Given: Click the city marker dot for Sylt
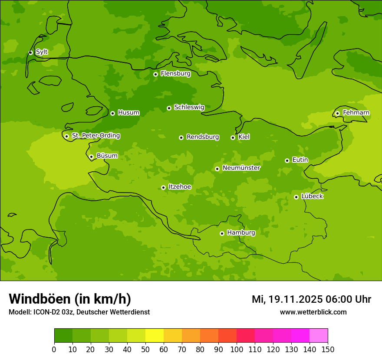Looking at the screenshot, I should coord(30,52).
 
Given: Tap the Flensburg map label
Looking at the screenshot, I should coord(175,74).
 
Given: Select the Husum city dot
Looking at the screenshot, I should coord(112,113).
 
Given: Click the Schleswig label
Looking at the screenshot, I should coord(189,107).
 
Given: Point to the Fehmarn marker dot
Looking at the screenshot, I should coord(337,113).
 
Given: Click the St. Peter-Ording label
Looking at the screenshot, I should coord(95,136).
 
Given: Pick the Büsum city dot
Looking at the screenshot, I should coord(91,157).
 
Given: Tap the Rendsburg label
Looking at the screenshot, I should coord(202,137).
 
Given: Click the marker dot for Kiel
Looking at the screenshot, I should coord(233,137).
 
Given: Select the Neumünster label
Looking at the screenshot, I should coord(241,168).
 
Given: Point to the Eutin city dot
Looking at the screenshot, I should coord(287,160).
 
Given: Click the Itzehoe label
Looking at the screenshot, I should coord(180,187).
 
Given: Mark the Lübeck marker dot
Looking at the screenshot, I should coord(296,197).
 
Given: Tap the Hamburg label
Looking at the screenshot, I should coord(241,233).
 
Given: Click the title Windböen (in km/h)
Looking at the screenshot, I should coord(70,299).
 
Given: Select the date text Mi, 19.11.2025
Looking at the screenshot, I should coord(287,299).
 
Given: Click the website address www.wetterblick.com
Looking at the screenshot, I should coord(313,312).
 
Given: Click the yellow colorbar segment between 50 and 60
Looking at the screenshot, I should coord(155,336).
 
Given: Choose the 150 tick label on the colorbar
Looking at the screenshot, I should coord(328,350).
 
